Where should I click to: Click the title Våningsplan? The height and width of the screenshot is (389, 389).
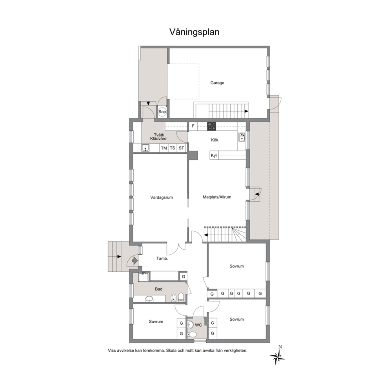click(194, 32)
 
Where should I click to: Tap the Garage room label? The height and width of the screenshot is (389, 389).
click(217, 83)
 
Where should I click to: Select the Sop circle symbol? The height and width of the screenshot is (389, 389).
click(162, 112)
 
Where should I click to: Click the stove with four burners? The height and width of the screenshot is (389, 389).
click(212, 126)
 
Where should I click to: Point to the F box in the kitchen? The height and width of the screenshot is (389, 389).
click(193, 126)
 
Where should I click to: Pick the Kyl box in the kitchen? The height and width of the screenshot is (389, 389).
click(214, 156)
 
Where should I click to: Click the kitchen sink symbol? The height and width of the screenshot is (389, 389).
click(242, 137)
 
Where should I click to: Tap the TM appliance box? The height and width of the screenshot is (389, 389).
click(164, 148)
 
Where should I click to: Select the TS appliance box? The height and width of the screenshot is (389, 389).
click(173, 148)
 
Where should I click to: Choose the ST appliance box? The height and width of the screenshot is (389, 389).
click(181, 148)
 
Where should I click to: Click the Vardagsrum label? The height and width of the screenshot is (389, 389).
click(162, 198)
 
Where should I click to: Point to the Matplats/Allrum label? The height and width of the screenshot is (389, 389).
click(217, 197)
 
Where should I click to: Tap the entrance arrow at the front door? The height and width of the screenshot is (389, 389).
click(135, 261)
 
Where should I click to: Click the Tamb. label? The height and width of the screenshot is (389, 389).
click(162, 258)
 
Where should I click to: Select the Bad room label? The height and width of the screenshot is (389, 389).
click(158, 289)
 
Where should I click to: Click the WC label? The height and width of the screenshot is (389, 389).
click(198, 325)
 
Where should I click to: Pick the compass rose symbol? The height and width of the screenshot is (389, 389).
click(277, 356)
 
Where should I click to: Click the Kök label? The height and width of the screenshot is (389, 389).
click(214, 140)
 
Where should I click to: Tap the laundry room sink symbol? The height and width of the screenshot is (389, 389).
click(145, 148)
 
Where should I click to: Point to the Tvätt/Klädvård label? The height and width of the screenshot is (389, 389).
click(158, 137)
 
